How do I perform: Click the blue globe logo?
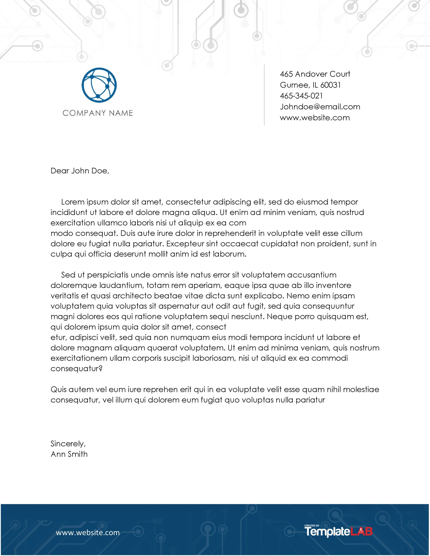click(x=99, y=85)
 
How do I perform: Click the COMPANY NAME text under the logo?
click(x=98, y=113)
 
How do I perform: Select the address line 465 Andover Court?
click(x=315, y=74)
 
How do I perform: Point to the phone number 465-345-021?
click(x=301, y=96)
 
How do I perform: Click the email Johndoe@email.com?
click(x=320, y=107)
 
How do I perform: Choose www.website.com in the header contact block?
click(x=315, y=118)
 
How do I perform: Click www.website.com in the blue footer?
click(x=88, y=533)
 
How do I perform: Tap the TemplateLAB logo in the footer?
click(x=338, y=531)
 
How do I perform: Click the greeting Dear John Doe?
click(x=80, y=171)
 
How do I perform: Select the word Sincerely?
click(x=68, y=444)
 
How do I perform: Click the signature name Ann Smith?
click(x=69, y=454)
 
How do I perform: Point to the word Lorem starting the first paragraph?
click(x=73, y=202)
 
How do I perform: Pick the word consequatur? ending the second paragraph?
click(x=76, y=369)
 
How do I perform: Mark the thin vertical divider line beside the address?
click(x=264, y=95)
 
